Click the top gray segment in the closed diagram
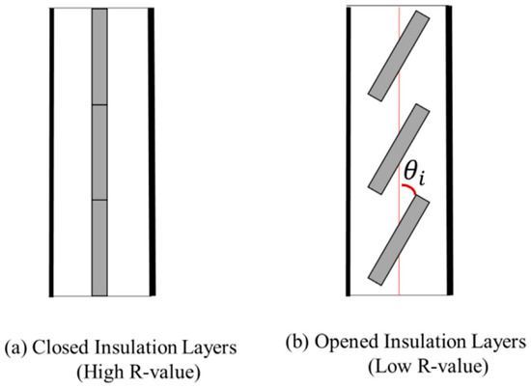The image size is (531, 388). click(99, 57)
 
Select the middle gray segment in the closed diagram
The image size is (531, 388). click(99, 152)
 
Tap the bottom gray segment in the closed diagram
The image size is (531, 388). click(99, 247)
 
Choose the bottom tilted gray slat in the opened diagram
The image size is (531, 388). click(400, 244)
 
